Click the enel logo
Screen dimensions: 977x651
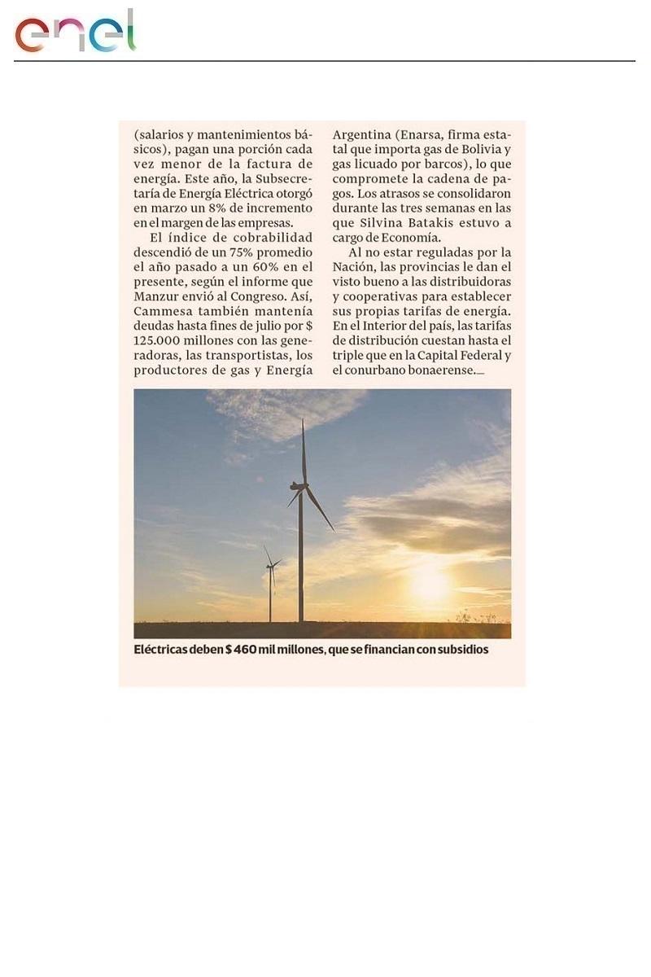[75, 33]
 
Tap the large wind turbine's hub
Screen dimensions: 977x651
[300, 487]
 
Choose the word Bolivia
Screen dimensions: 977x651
[485, 150]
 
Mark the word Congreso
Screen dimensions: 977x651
[243, 296]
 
